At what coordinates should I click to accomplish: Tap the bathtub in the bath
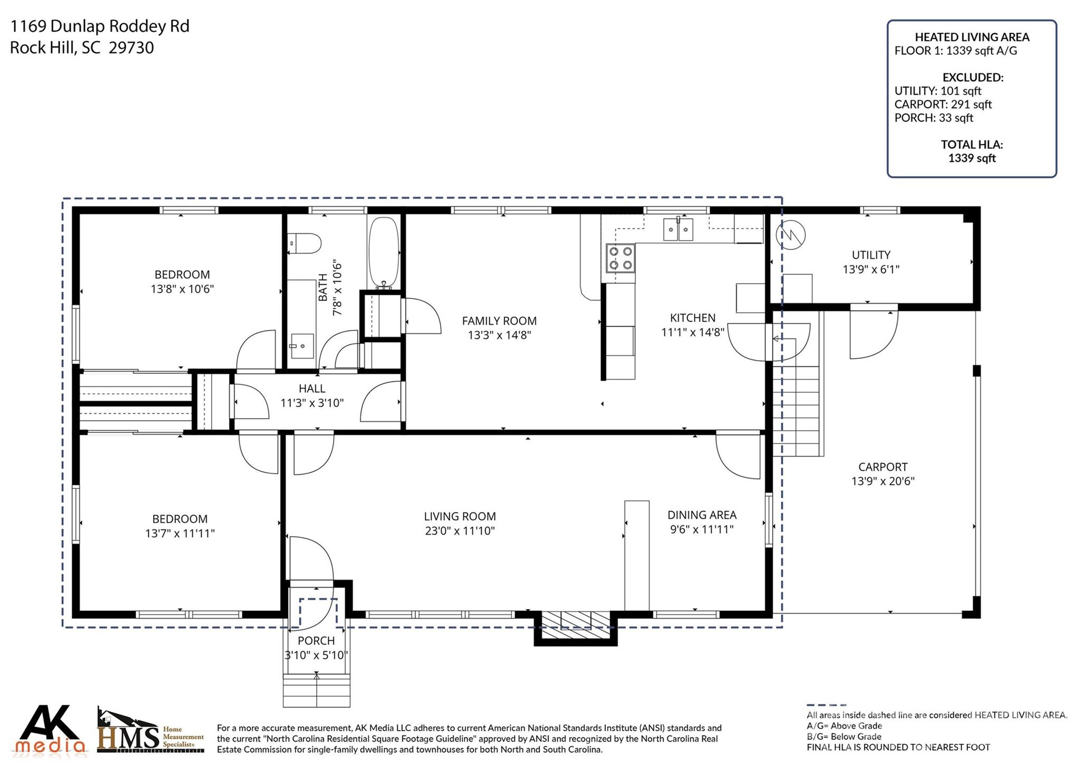coord(384,253)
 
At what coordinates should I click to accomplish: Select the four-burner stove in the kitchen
coord(620,258)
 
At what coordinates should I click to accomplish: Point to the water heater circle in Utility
coord(791,235)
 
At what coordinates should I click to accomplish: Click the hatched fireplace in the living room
coord(575,620)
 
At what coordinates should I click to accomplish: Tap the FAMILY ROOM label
coord(499,320)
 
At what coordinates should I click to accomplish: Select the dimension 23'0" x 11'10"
coord(460,531)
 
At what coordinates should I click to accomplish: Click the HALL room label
coord(312,389)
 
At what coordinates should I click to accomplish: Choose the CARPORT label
coord(883,467)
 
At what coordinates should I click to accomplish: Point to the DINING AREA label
coord(702,515)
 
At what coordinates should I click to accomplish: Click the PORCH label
coord(316,640)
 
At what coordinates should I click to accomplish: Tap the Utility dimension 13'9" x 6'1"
coord(871,269)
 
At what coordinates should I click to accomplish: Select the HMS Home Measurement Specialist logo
coord(150,730)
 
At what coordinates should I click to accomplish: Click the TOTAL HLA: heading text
coord(972,144)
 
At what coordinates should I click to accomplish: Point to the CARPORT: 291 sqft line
coord(943,105)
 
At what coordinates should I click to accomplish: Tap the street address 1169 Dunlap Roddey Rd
coord(100,26)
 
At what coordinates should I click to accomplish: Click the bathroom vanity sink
coord(302,346)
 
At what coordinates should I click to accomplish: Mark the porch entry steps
coord(317,690)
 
